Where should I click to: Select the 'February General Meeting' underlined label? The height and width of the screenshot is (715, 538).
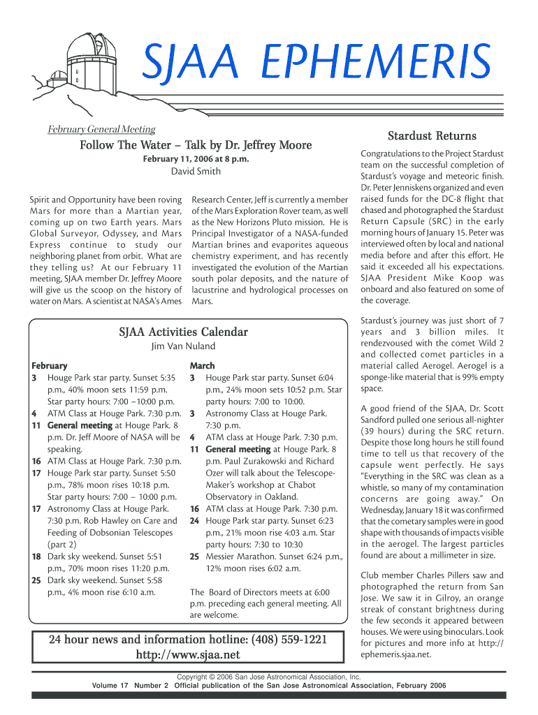[101, 129]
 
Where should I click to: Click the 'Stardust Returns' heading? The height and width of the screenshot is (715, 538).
[432, 135]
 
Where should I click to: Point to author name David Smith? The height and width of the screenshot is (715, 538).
[196, 172]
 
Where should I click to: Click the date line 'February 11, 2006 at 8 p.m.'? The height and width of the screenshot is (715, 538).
[196, 159]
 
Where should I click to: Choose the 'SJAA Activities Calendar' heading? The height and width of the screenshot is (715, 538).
[184, 332]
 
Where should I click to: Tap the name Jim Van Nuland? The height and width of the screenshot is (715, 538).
[184, 346]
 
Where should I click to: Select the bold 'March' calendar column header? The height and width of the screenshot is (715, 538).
[203, 366]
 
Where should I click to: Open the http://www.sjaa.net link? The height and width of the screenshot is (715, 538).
[187, 655]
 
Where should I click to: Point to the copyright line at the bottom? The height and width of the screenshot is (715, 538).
[268, 677]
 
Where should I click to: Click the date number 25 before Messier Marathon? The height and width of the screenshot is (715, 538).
[194, 557]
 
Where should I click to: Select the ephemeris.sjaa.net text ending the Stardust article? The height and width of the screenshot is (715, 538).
[395, 655]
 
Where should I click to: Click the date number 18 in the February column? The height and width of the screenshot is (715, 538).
[36, 557]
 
